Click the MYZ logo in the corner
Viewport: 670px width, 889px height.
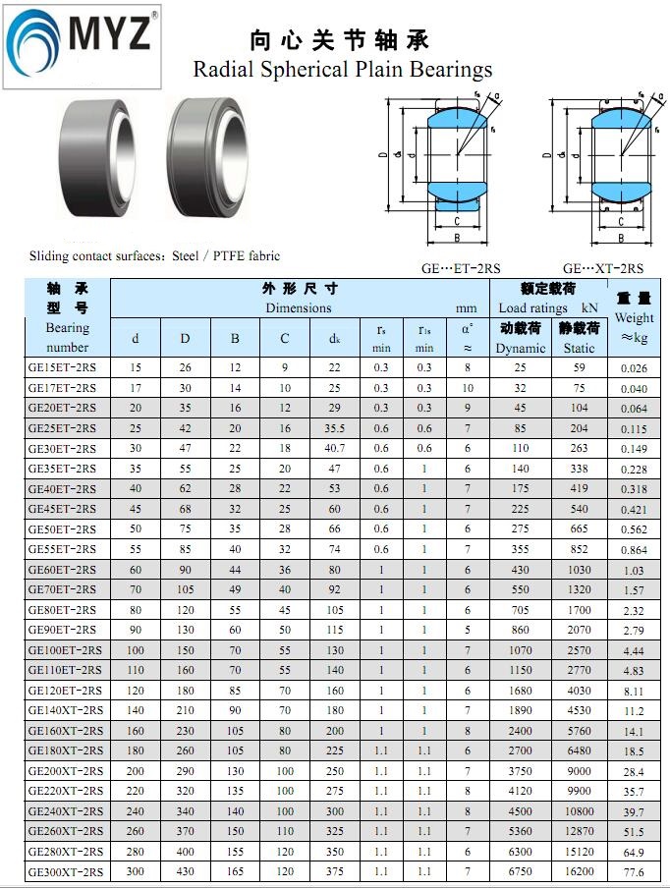coord(83,45)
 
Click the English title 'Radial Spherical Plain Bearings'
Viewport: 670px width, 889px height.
coord(343,70)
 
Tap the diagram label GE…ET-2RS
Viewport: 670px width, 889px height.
coord(461,268)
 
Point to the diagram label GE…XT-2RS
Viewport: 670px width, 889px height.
coord(603,268)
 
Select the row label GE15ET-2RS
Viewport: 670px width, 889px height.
coord(62,367)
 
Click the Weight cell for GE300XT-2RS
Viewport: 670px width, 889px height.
coord(634,872)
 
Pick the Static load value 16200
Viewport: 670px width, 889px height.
coord(579,871)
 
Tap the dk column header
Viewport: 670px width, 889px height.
coord(334,339)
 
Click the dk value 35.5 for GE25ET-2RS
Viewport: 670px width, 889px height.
coord(334,428)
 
